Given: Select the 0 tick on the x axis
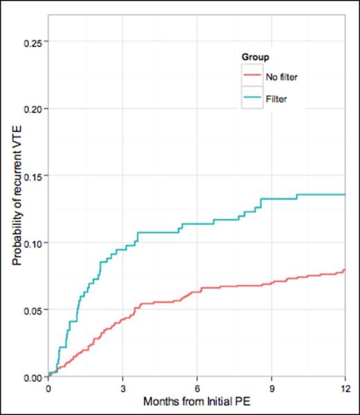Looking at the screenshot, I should coord(48,388).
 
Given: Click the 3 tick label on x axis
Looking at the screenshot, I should coord(123,388).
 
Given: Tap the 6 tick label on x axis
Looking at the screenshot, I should coord(197,388).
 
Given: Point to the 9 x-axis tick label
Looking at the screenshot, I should coord(271,388).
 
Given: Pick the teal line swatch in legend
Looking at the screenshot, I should coord(252,98).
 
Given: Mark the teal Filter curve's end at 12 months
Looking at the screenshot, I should coord(345,195).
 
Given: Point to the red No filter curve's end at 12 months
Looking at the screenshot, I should coord(345,270).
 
